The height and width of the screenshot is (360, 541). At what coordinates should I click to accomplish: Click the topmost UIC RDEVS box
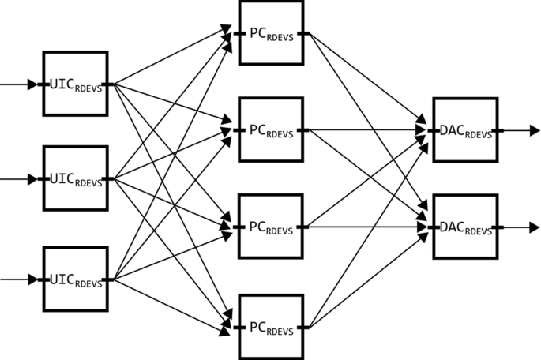coord(75,84)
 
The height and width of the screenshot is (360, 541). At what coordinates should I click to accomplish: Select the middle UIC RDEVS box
coord(75,178)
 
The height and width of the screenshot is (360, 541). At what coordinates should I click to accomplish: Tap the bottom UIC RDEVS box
coord(75,279)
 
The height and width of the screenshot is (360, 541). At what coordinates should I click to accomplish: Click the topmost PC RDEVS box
coord(271,33)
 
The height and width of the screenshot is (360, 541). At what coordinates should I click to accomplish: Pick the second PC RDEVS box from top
coord(271,129)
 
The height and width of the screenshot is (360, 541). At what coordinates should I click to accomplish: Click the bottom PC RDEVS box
coord(271,325)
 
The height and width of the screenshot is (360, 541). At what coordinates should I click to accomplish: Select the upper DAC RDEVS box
coord(465,130)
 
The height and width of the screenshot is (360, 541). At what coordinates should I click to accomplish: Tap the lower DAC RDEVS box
coord(465,227)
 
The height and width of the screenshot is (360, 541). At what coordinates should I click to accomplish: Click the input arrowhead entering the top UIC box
coord(32,84)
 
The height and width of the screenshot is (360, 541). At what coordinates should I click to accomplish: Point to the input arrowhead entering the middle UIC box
coord(32,179)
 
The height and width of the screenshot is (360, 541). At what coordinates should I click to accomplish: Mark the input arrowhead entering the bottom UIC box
coord(32,279)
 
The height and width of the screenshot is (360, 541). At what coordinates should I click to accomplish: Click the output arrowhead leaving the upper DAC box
coord(535,130)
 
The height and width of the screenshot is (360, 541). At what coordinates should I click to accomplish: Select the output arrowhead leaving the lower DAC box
coord(535,227)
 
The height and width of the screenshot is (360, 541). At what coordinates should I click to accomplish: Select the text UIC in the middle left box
coord(61,178)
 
